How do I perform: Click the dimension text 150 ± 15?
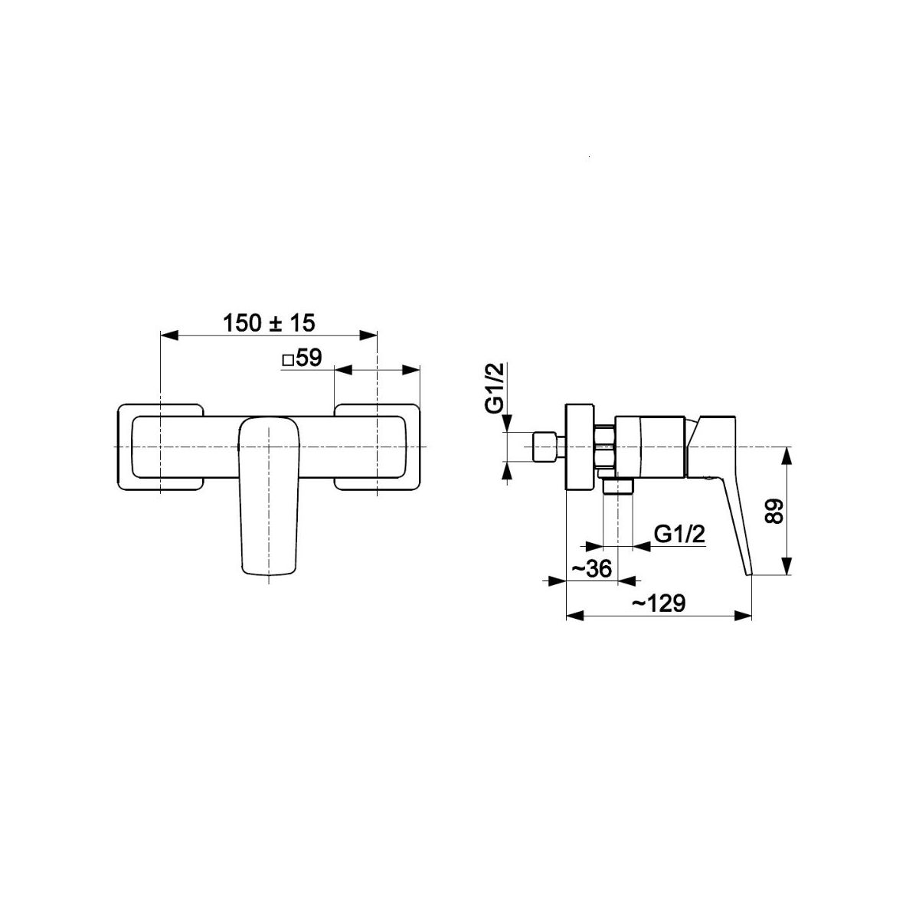(x=270, y=323)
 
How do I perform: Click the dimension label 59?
(x=309, y=358)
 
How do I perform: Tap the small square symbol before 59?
(x=288, y=360)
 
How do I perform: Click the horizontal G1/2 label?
(x=679, y=534)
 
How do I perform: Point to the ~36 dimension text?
(x=591, y=568)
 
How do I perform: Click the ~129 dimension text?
(x=659, y=603)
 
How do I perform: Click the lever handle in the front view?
(x=270, y=496)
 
